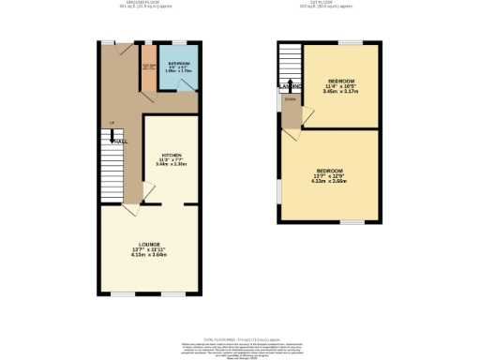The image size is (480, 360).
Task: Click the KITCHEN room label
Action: [171, 154]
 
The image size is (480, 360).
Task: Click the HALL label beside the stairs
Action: [120, 141]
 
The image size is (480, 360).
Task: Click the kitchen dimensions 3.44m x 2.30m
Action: [172, 164]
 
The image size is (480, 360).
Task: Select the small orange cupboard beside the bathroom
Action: [148, 72]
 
